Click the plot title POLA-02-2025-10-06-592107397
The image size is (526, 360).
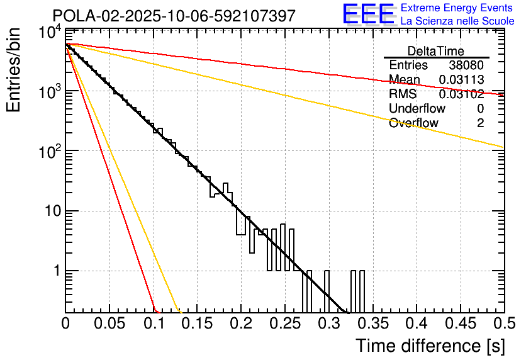[174, 16]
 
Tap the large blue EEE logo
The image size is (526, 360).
[367, 14]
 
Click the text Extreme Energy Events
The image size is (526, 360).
[457, 8]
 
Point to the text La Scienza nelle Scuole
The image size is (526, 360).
[457, 21]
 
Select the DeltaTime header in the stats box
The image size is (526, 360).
[436, 51]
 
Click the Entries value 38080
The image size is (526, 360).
[466, 65]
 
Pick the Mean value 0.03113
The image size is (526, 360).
[461, 80]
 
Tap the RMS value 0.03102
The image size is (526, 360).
[461, 94]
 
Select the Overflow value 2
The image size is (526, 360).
[480, 123]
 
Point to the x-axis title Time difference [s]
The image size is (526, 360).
[430, 346]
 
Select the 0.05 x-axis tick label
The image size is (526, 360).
[109, 323]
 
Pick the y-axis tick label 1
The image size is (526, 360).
[55, 271]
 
